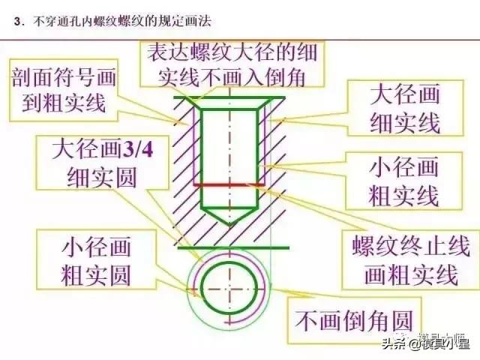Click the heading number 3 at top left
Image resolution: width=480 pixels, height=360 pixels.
point(16,22)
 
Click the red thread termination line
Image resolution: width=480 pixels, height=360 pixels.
point(229,185)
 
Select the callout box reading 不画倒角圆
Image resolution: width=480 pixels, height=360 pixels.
point(354,320)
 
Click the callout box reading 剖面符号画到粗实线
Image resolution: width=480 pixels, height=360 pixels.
point(64,90)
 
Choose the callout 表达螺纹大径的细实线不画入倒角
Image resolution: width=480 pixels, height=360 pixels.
point(232,65)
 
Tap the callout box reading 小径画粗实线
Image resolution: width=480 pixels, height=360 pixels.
point(403,181)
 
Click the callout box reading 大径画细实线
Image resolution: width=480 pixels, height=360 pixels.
point(405,108)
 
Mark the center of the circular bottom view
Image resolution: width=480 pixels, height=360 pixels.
point(229,289)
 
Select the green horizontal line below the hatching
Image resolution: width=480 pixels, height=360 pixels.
point(233,247)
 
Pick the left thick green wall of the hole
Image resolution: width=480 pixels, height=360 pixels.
point(202,159)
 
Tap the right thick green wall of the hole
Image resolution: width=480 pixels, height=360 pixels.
point(257,159)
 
